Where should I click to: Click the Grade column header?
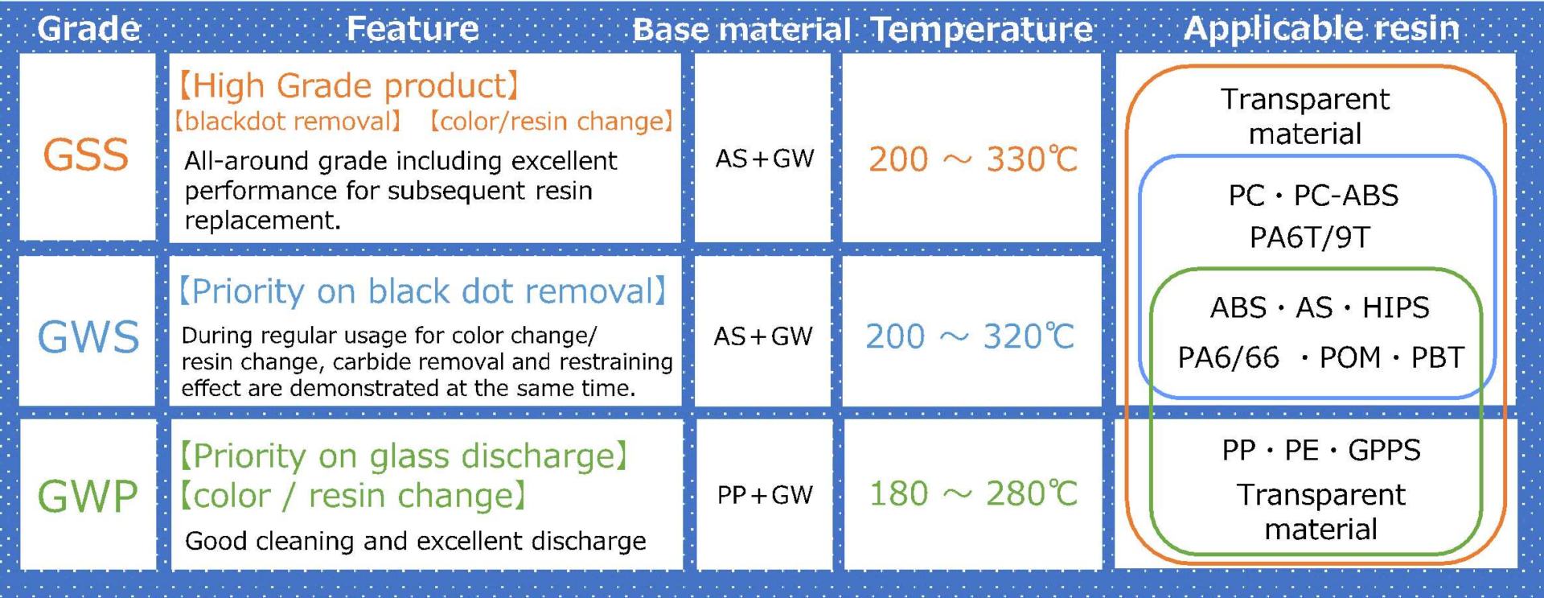[x=88, y=29]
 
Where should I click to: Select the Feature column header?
[x=413, y=29]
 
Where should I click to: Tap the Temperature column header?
[x=982, y=30]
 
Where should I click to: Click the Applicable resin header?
[x=1321, y=29]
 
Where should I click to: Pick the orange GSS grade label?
[x=86, y=155]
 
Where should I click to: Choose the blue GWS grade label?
[x=88, y=336]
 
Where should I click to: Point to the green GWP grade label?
[x=88, y=496]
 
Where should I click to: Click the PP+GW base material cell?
[x=765, y=495]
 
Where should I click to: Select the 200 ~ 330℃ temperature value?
[x=973, y=159]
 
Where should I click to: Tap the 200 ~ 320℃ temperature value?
[x=970, y=336]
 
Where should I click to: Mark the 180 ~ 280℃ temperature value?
[x=973, y=493]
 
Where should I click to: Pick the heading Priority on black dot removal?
[x=423, y=291]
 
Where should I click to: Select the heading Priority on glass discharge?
[x=403, y=456]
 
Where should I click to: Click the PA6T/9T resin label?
[x=1310, y=237]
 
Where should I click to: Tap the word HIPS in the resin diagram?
[x=1395, y=307]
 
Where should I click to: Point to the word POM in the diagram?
[x=1349, y=357]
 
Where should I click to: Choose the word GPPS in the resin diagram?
[x=1384, y=450]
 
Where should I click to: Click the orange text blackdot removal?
[x=289, y=122]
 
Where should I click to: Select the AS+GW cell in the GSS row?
[x=765, y=159]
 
